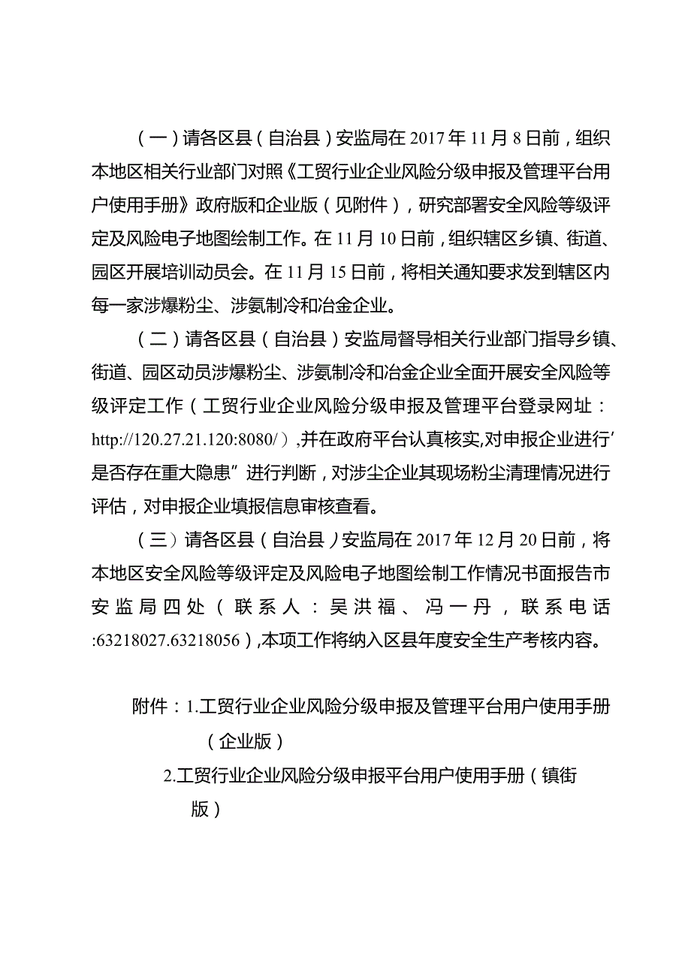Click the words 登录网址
[556, 406]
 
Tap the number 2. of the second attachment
[170, 775]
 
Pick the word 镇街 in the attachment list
[560, 775]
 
